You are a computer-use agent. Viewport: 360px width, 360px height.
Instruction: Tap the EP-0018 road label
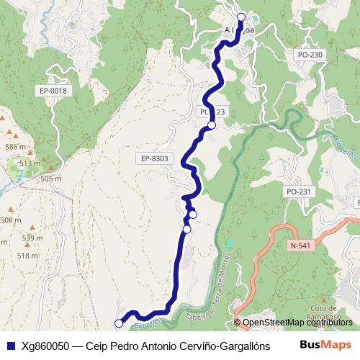tap(53, 91)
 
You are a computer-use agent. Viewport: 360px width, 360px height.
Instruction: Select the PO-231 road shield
tap(298, 192)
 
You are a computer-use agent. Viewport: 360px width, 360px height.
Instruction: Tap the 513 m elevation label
tap(30, 164)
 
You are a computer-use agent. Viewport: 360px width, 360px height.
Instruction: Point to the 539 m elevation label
tap(32, 238)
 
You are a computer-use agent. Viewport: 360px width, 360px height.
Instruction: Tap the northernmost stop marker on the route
tap(240, 17)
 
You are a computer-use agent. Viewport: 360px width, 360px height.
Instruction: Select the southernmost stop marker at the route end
tap(119, 324)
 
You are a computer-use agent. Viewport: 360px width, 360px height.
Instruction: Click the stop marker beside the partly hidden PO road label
tap(212, 125)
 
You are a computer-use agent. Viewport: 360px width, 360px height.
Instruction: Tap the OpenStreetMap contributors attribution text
tap(297, 323)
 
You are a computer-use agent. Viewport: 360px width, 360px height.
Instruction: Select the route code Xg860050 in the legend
tap(48, 346)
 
